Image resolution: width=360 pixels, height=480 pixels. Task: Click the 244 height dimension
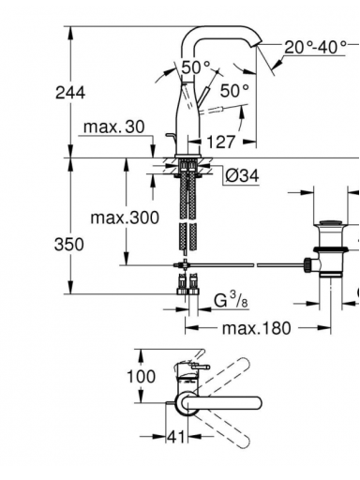70,93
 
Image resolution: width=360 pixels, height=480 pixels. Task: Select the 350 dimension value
69,244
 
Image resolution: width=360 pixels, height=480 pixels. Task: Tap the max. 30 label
114,127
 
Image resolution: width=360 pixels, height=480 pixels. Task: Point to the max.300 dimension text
125,217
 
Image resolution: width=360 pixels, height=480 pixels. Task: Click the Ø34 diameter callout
242,176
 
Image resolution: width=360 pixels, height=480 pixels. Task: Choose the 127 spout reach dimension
220,142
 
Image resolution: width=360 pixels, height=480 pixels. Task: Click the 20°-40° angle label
315,47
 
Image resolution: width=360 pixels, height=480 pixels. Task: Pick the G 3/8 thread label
231,300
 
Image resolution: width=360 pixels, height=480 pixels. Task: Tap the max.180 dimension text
256,328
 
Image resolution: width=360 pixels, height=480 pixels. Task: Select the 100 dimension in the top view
141,376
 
